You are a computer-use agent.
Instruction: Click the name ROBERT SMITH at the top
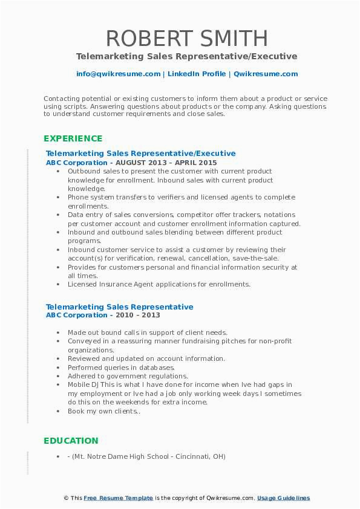(x=187, y=39)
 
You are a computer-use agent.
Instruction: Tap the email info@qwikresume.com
(x=118, y=74)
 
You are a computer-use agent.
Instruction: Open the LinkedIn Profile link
(x=189, y=74)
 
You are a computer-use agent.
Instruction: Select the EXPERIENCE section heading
(x=73, y=138)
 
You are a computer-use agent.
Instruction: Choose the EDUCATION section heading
(x=71, y=441)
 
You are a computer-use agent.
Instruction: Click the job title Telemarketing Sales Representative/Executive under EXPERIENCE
(x=141, y=154)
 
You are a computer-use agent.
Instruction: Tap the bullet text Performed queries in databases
(x=121, y=367)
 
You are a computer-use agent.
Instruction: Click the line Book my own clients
(x=103, y=411)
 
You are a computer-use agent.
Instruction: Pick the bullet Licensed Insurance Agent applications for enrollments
(x=159, y=284)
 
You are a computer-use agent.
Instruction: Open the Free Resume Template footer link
(x=119, y=498)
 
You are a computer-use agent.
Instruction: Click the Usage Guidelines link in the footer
(x=283, y=498)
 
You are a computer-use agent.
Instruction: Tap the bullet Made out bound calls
(x=147, y=332)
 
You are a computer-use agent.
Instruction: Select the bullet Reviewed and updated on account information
(x=146, y=358)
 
